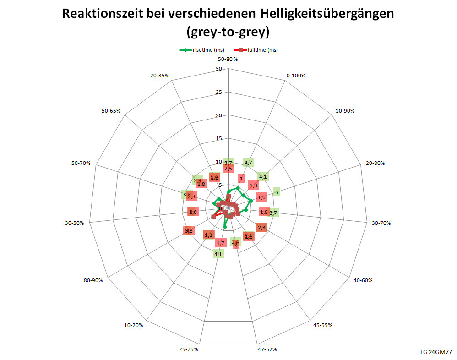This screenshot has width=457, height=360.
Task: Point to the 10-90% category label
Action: (345, 111)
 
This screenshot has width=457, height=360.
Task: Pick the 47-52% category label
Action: (267, 349)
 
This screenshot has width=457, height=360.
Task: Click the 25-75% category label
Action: (189, 349)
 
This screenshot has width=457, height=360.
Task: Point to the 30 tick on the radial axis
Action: (218, 69)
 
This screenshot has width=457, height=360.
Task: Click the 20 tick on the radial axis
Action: (218, 115)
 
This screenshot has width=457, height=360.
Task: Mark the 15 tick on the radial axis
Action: (218, 139)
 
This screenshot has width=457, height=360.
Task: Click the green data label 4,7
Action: (249, 162)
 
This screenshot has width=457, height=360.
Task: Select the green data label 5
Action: (277, 192)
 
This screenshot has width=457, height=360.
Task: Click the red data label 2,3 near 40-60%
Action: (262, 228)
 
